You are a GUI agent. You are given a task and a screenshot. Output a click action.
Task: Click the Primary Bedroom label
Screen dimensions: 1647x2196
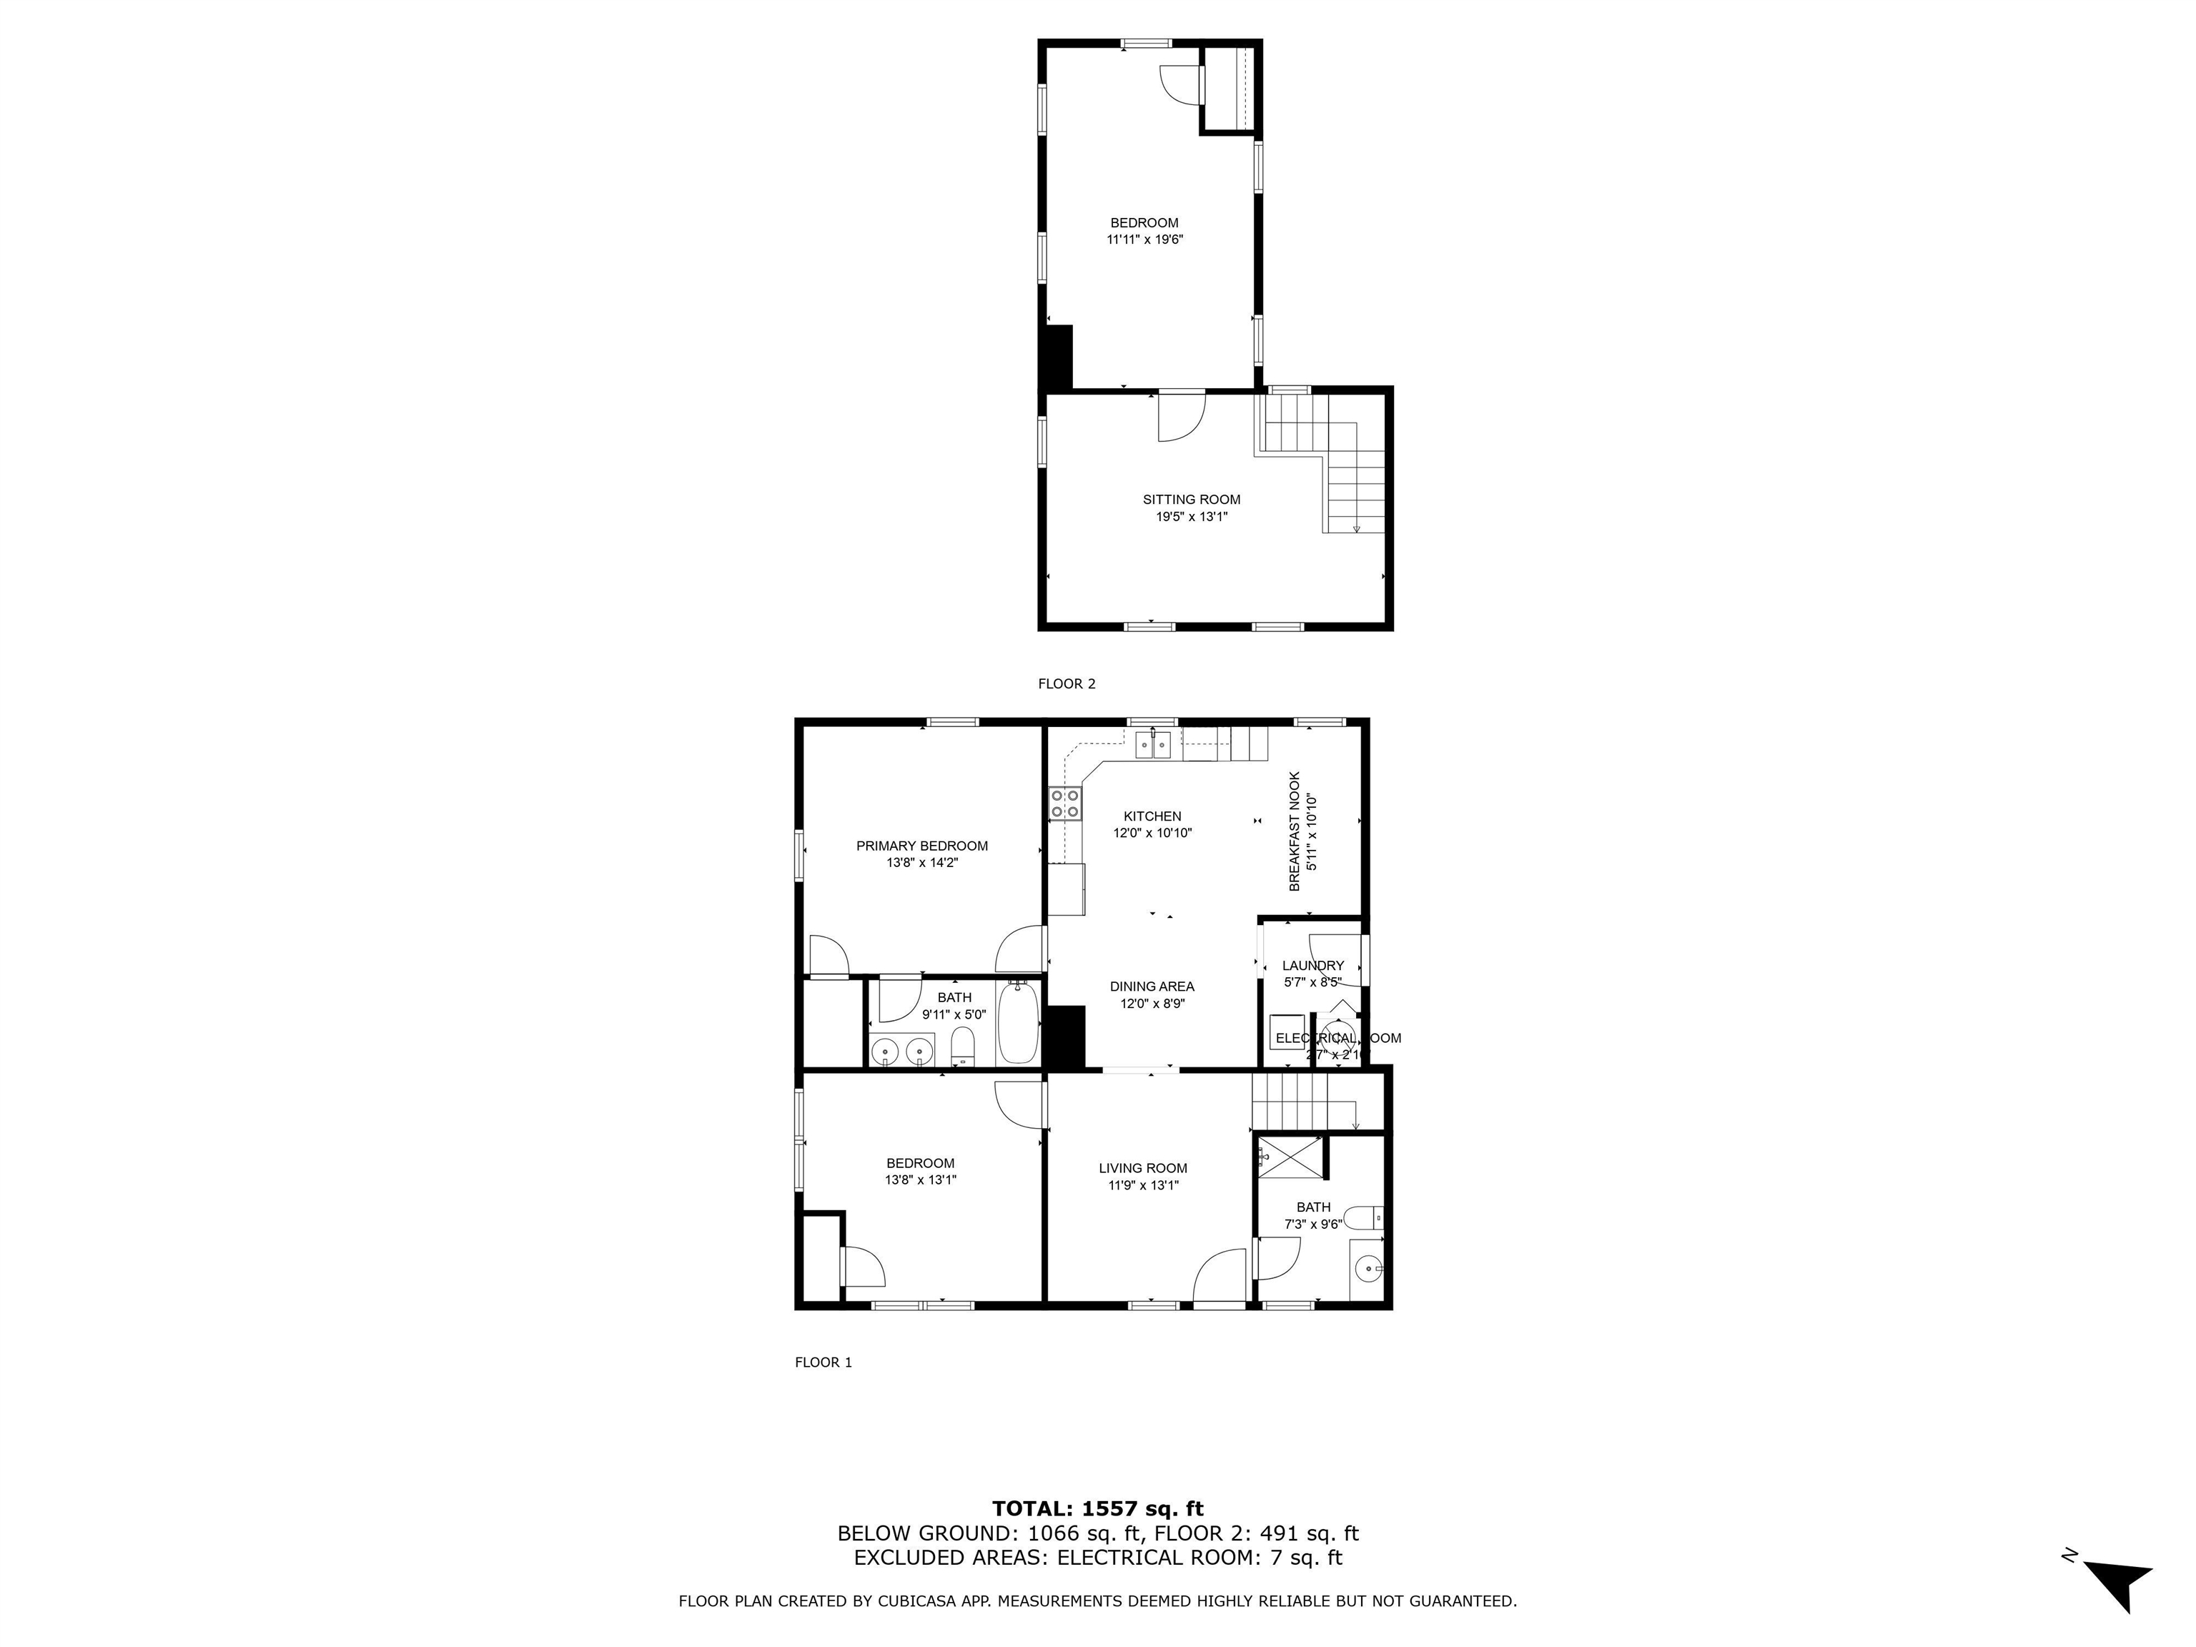click(x=921, y=846)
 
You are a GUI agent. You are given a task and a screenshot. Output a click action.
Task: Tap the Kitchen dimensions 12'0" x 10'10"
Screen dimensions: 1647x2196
click(x=1152, y=833)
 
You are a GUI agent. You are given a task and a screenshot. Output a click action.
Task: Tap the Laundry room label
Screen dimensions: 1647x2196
click(x=1312, y=965)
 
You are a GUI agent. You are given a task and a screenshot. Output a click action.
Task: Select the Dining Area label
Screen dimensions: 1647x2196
click(x=1152, y=986)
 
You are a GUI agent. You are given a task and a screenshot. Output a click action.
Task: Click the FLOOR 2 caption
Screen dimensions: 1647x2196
click(x=1067, y=683)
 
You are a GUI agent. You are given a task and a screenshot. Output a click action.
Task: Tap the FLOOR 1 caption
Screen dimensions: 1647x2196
click(x=823, y=1362)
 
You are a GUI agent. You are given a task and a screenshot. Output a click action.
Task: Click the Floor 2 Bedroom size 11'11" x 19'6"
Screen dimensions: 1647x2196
click(x=1144, y=239)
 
